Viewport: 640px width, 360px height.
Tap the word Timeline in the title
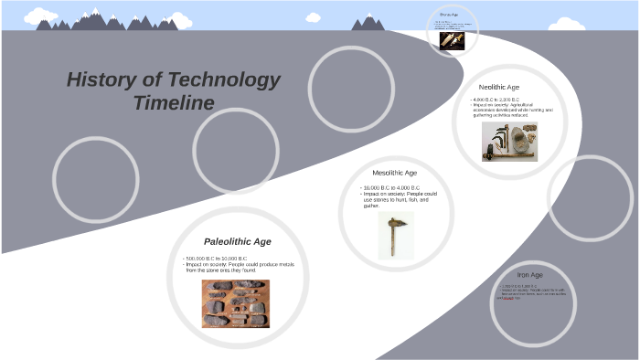tap(173, 102)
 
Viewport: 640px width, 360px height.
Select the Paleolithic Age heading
tap(237, 241)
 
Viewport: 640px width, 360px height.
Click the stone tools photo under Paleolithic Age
tap(236, 303)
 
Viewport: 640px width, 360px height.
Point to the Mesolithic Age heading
tap(394, 173)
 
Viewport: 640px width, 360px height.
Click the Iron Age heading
tap(529, 274)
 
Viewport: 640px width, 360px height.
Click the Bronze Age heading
tap(448, 15)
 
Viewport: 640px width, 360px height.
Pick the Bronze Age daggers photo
tap(452, 41)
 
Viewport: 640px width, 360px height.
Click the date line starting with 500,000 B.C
tap(217, 259)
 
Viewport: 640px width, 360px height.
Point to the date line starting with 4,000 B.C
tap(496, 99)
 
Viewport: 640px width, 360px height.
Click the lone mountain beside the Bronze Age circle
tap(368, 22)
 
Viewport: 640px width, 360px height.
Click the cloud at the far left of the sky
tap(40, 16)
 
